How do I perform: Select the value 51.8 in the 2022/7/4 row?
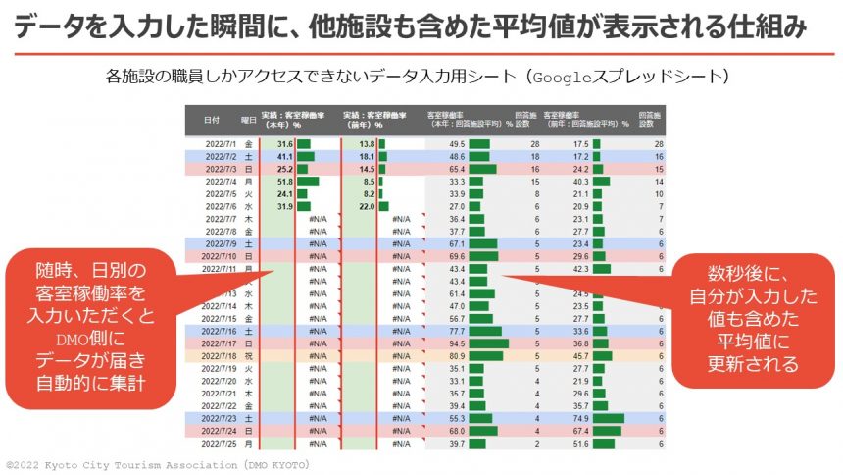click(285, 182)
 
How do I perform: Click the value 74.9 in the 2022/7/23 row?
click(580, 418)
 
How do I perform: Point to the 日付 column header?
click(212, 120)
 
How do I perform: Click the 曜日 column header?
click(252, 120)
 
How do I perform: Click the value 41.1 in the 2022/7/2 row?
click(285, 157)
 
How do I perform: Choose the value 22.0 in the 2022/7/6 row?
click(366, 206)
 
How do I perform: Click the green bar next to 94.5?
click(488, 343)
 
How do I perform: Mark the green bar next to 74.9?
click(608, 418)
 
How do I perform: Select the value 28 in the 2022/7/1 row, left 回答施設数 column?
click(535, 144)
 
